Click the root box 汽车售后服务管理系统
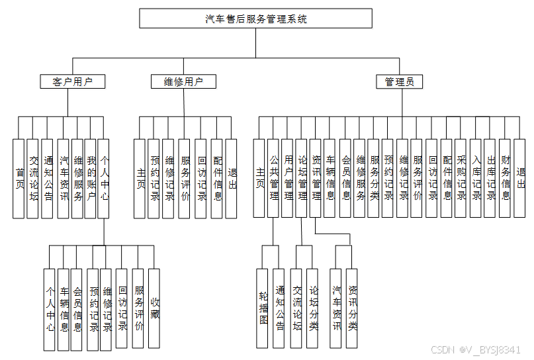coord(256,19)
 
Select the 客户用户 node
coord(72,81)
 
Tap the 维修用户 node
coord(183,81)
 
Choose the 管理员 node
coord(400,81)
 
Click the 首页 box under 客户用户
coord(19,178)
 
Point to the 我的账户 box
coord(91,178)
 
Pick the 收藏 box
coord(154,308)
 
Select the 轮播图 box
coord(264,308)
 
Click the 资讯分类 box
coord(352,308)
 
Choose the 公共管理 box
coord(274,178)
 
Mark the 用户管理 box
coord(288,178)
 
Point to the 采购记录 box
coord(461,178)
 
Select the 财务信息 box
coord(506,178)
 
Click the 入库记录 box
coord(476,178)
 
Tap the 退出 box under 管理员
coord(520,178)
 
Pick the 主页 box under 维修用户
coord(140,178)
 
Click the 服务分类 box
coord(375,178)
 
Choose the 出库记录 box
coord(490,178)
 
